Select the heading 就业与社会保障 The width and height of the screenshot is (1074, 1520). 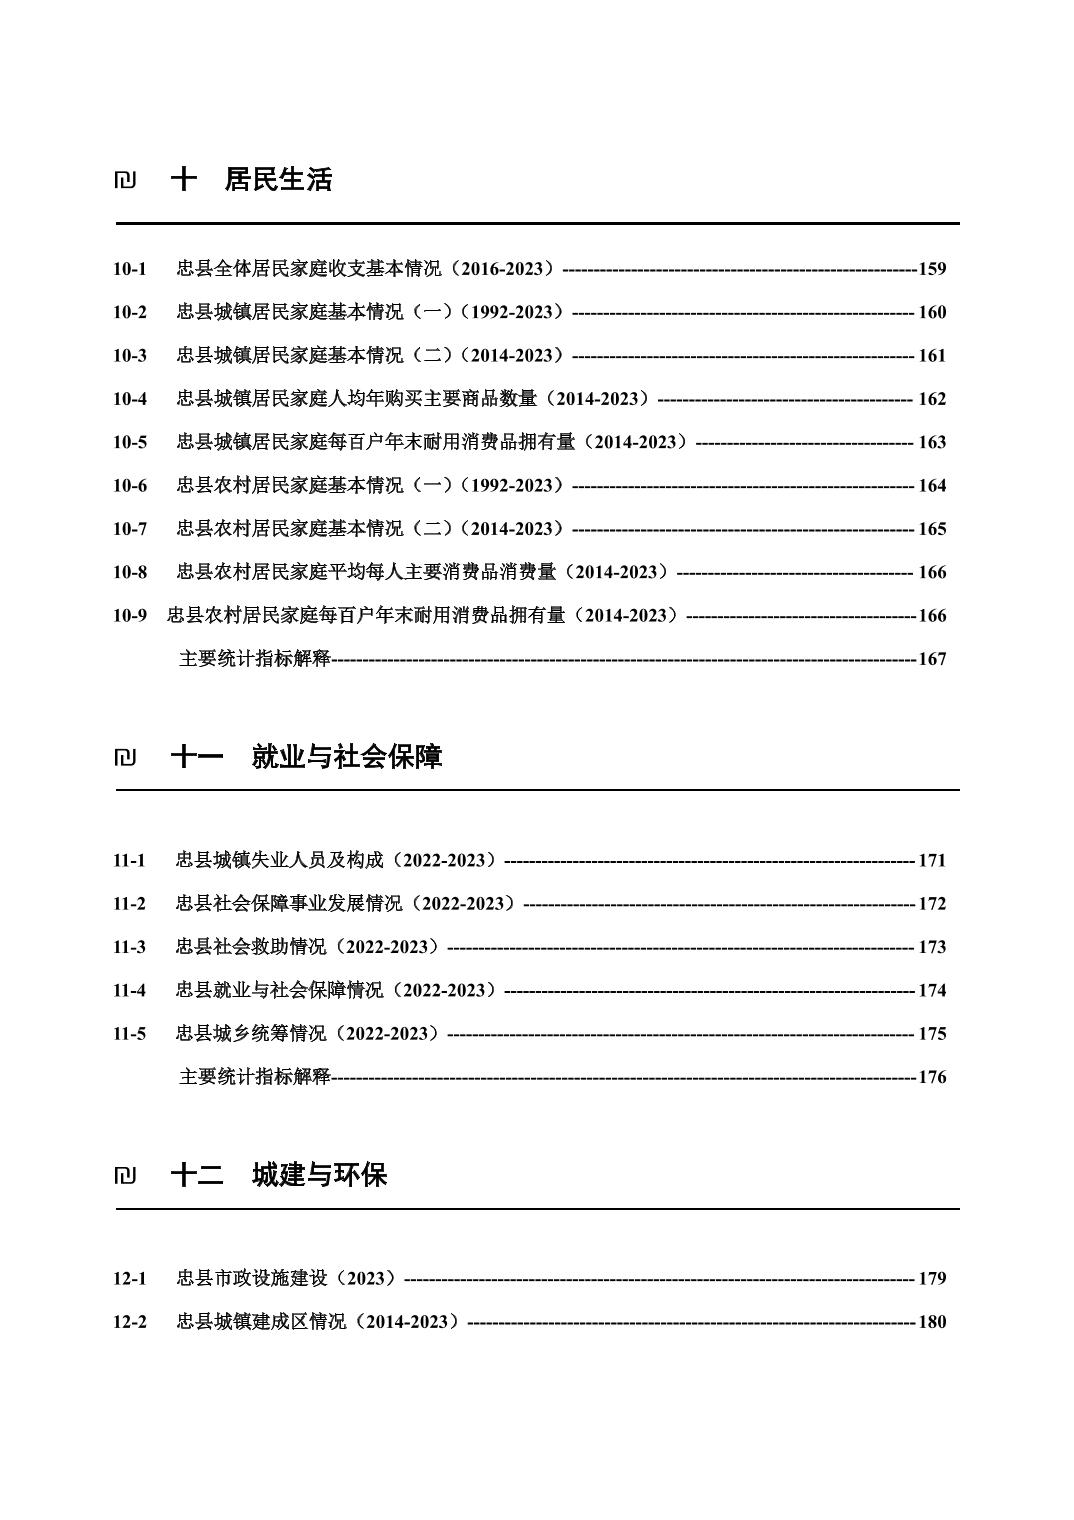pyautogui.click(x=346, y=757)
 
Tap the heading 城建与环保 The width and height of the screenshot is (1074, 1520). pyautogui.click(x=319, y=1175)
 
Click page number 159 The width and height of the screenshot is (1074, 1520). pyautogui.click(x=932, y=269)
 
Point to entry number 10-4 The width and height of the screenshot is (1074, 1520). pyautogui.click(x=129, y=399)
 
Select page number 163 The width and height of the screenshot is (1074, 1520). pyautogui.click(x=932, y=442)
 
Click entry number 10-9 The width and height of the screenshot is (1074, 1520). pyautogui.click(x=129, y=616)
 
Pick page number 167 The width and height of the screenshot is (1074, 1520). pyautogui.click(x=932, y=659)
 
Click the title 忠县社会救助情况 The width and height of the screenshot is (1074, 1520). pyautogui.click(x=308, y=947)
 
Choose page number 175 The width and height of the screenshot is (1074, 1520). pyautogui.click(x=932, y=1034)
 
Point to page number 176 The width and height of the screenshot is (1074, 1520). pyautogui.click(x=932, y=1077)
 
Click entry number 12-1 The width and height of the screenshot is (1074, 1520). pyautogui.click(x=129, y=1279)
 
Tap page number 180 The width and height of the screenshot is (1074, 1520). pyautogui.click(x=932, y=1322)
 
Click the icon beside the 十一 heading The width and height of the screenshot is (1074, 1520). pyautogui.click(x=125, y=758)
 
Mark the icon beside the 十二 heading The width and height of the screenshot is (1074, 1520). pyautogui.click(x=125, y=1176)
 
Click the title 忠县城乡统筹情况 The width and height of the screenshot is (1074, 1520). pyautogui.click(x=308, y=1034)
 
